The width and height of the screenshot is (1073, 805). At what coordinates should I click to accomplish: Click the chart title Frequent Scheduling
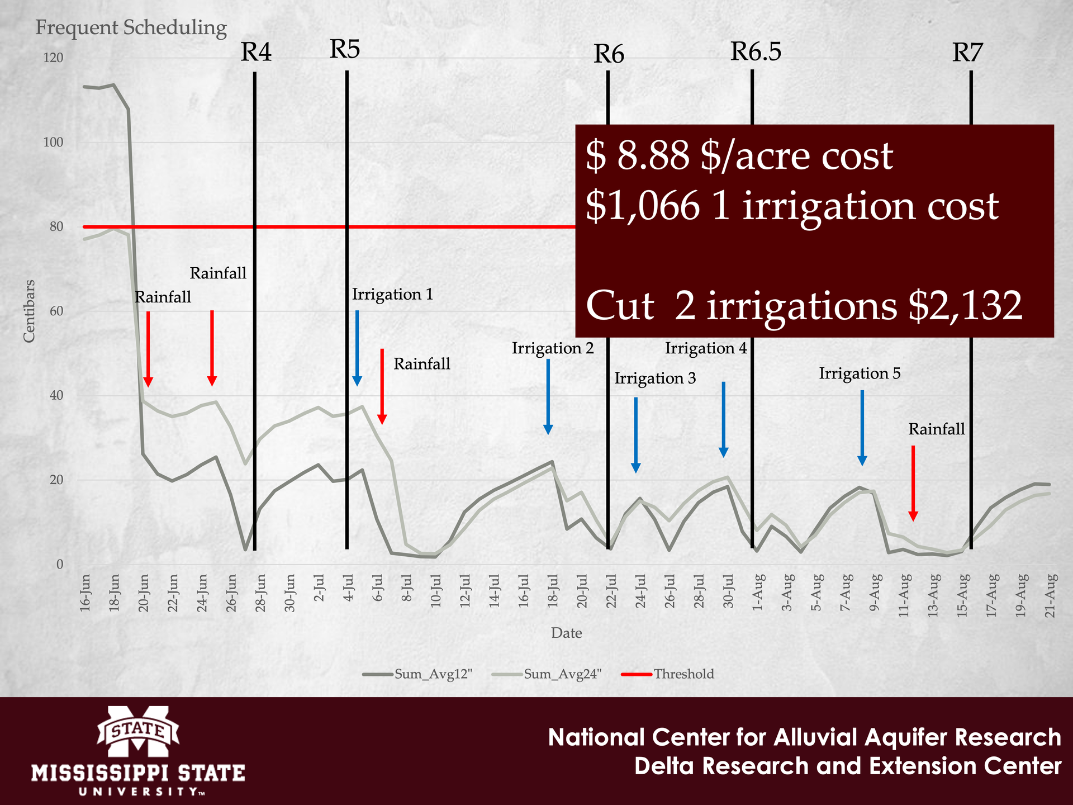(131, 28)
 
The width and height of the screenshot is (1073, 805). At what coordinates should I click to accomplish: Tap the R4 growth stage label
(256, 53)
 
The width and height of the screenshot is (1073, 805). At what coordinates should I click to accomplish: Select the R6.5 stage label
(756, 52)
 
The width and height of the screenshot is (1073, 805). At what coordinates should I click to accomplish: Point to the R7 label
(967, 53)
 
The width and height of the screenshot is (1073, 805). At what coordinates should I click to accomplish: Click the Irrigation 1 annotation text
(392, 295)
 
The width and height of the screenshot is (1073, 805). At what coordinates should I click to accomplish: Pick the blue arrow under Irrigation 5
(862, 428)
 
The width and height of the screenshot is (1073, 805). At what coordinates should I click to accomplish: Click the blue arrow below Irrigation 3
(635, 435)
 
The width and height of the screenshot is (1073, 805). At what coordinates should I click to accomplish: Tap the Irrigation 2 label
(553, 349)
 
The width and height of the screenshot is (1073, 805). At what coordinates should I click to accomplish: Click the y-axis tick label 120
(53, 58)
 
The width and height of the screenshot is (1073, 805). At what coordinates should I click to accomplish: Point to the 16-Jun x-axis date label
(86, 593)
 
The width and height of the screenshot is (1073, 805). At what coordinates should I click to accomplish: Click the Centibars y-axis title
(29, 311)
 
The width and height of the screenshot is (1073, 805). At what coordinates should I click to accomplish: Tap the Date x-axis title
(566, 633)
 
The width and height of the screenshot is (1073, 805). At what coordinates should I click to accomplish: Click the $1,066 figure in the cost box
(643, 206)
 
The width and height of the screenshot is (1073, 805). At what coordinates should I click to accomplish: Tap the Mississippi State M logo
(138, 730)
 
